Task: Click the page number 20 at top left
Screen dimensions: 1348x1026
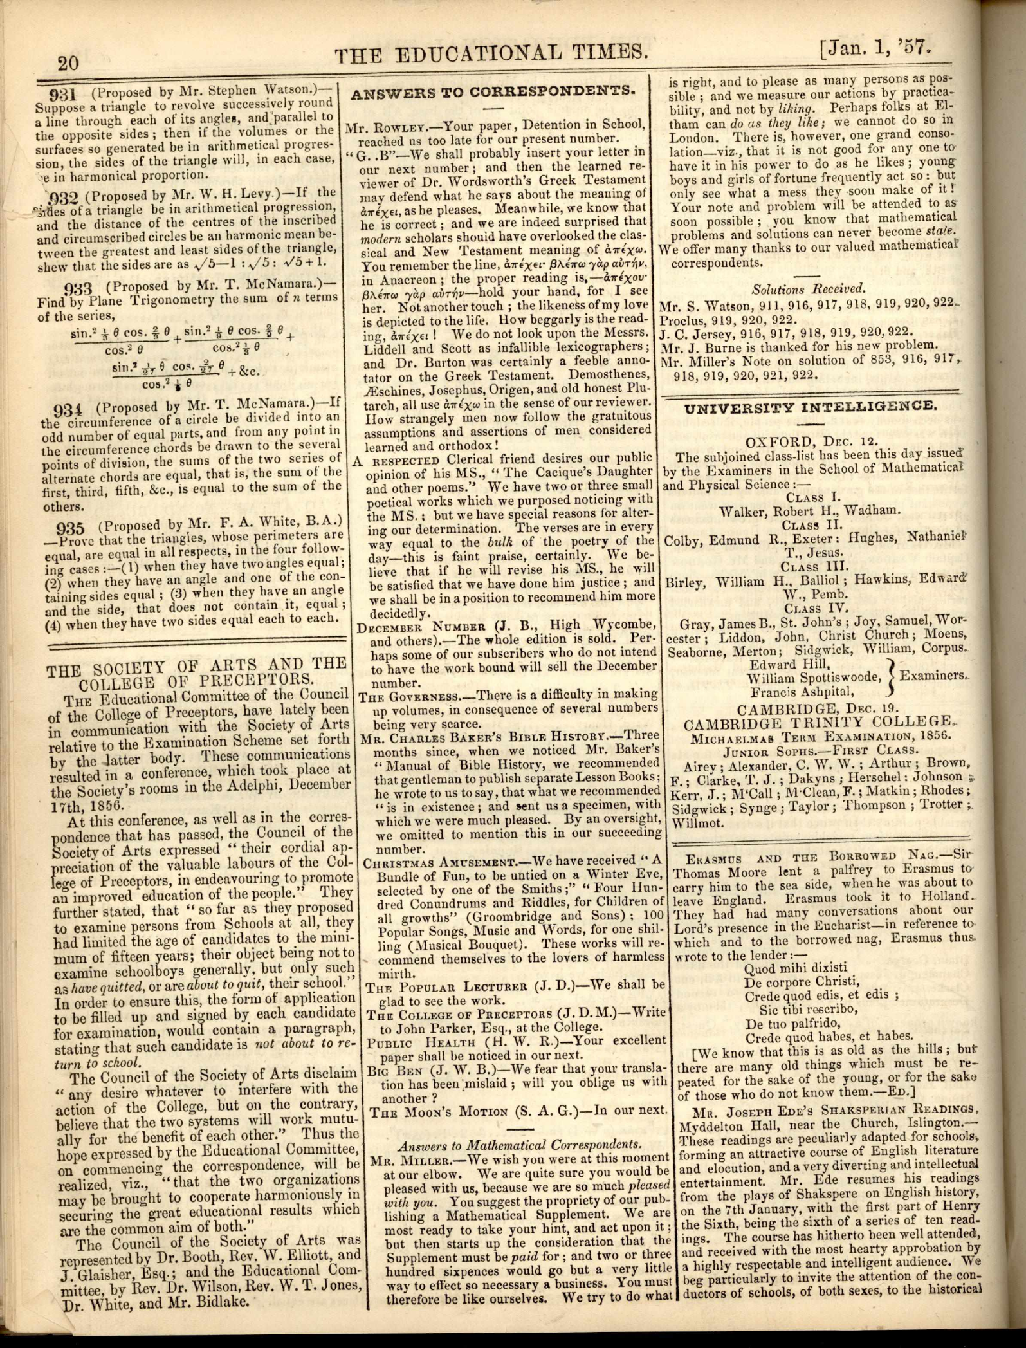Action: click(68, 62)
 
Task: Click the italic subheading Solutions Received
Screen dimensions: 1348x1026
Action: click(809, 290)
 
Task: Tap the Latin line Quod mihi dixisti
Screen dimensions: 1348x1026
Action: click(796, 968)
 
